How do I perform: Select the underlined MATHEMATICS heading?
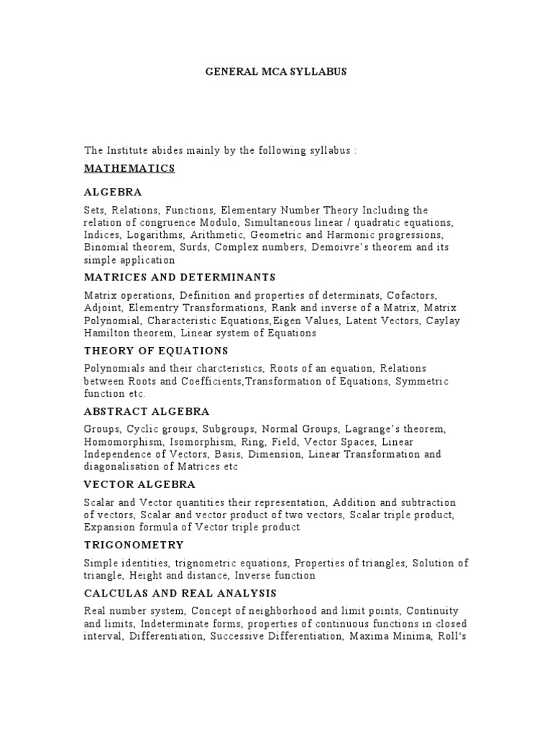[x=129, y=168]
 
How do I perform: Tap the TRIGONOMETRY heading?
[x=134, y=545]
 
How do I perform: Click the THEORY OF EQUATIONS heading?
[x=156, y=351]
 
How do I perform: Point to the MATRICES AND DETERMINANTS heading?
[x=180, y=277]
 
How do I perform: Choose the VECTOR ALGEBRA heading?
[x=139, y=484]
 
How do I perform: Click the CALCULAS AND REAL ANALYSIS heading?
[x=180, y=594]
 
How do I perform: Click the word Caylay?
[x=443, y=321]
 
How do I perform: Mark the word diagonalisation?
[x=120, y=467]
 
